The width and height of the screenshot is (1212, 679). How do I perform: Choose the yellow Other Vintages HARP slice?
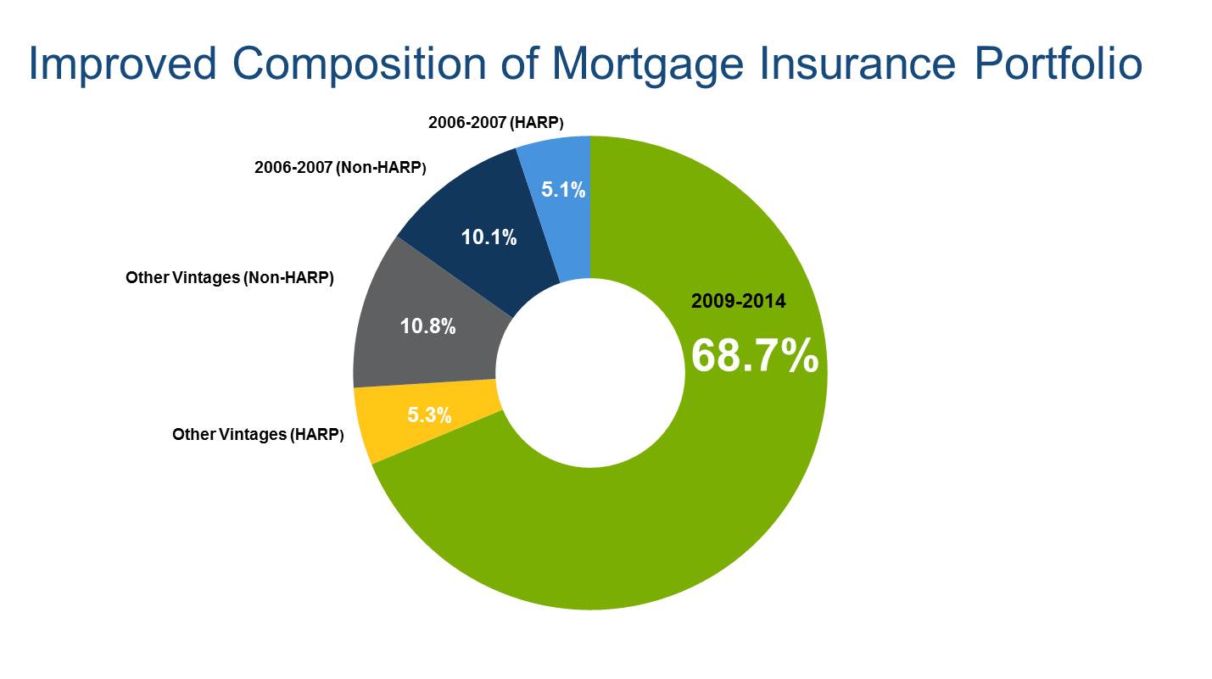coord(427,415)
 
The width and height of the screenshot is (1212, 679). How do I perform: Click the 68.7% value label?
coord(755,355)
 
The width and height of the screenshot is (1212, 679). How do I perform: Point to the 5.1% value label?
coord(563,190)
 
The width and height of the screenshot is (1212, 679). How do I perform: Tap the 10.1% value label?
coord(489,237)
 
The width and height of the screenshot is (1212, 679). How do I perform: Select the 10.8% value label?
coord(427,326)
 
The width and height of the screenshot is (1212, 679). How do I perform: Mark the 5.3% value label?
coord(429,415)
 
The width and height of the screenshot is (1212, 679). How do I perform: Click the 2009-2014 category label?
coord(738,301)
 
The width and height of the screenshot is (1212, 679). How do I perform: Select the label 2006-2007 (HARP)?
coord(495,123)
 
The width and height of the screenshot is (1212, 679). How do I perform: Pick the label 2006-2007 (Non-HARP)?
coord(340,168)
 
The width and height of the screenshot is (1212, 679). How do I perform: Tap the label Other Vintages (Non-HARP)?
coord(229,278)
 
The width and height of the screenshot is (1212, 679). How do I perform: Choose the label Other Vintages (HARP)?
coord(258,435)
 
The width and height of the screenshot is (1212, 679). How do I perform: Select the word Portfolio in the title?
coord(1058,64)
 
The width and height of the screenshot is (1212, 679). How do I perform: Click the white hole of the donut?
coord(590,373)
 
